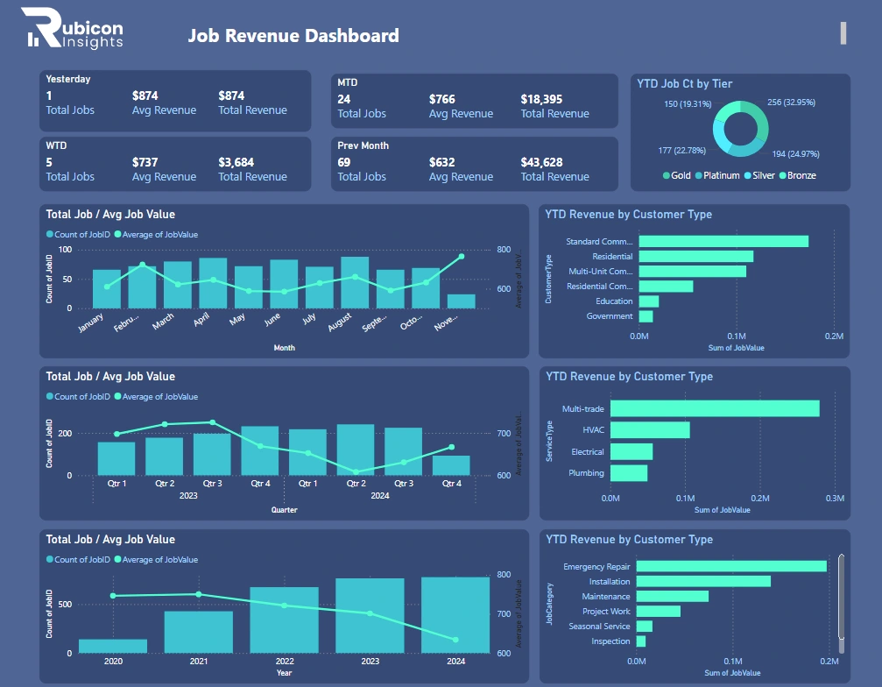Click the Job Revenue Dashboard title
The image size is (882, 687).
[x=293, y=36]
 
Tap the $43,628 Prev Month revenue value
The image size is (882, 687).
[x=541, y=162]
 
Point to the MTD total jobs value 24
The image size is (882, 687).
[x=344, y=99]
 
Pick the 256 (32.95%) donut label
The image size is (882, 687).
[x=791, y=103]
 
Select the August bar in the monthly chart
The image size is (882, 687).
[x=355, y=282]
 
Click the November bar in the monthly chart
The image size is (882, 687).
[x=462, y=301]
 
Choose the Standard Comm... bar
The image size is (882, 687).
[x=723, y=241]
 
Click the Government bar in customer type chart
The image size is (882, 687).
[x=646, y=316]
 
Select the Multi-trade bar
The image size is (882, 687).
[x=715, y=408]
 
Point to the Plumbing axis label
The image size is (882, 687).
[x=586, y=473]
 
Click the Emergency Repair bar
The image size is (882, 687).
[x=731, y=566]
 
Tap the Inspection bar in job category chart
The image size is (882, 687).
[x=641, y=641]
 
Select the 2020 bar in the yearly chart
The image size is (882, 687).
[x=113, y=646]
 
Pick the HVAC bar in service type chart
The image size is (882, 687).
[x=650, y=430]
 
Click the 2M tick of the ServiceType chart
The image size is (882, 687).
[x=760, y=498]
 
